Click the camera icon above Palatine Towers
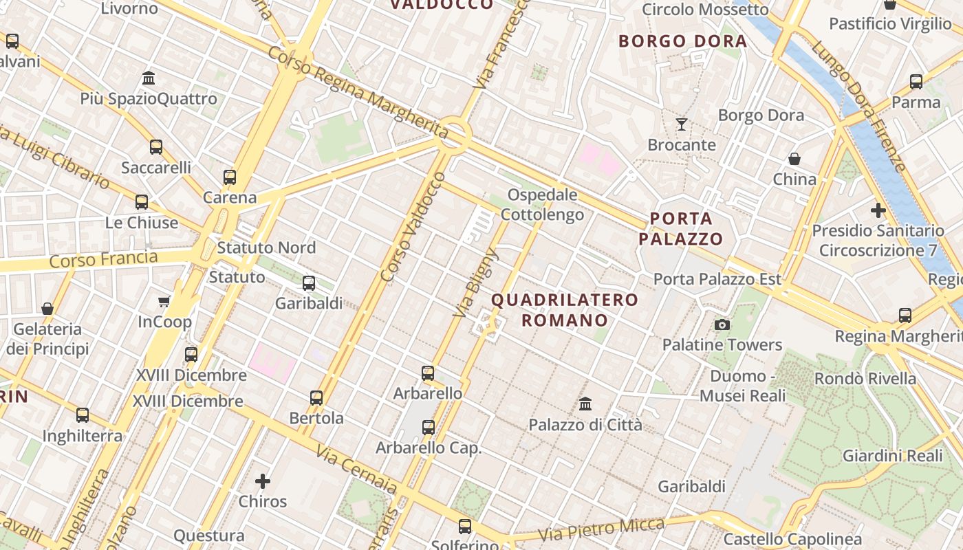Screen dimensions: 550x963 click(722, 324)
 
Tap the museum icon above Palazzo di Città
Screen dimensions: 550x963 click(585, 404)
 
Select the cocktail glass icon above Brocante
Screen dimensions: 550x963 click(682, 124)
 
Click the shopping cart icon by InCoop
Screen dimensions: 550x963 click(164, 301)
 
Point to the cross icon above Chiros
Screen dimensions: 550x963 click(263, 481)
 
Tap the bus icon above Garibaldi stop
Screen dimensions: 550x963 click(309, 283)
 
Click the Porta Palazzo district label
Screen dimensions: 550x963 click(681, 229)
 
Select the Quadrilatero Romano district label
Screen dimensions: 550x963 click(565, 310)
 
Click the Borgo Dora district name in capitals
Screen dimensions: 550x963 click(682, 41)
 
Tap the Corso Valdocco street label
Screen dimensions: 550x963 click(413, 228)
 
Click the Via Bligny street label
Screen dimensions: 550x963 click(475, 284)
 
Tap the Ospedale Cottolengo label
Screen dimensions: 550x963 click(542, 205)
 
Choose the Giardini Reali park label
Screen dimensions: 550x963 click(892, 455)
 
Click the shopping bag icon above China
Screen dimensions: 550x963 click(794, 159)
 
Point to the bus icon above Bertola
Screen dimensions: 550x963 click(316, 397)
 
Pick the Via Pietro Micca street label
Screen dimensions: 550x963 click(601, 529)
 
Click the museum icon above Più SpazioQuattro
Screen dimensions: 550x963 click(149, 78)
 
